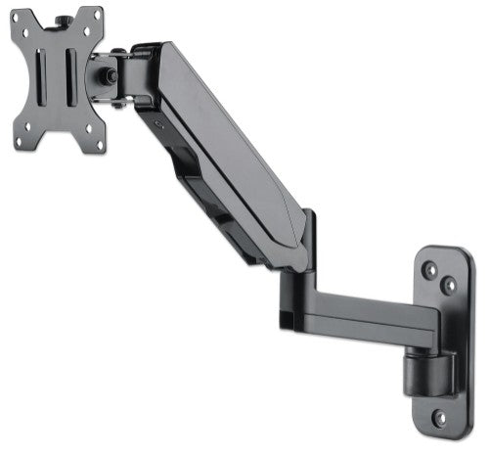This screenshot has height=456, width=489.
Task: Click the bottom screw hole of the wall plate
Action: [x=439, y=417]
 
